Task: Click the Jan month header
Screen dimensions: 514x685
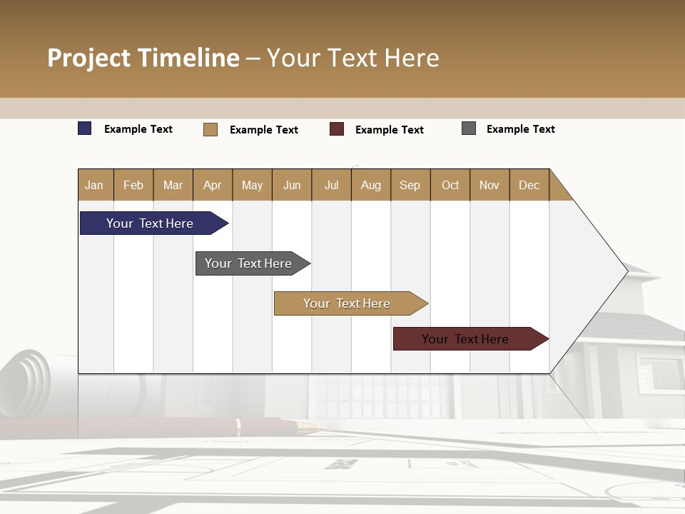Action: click(94, 185)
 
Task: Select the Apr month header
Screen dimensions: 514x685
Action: click(212, 185)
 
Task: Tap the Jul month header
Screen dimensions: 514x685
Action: click(331, 185)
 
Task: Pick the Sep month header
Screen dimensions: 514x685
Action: click(410, 185)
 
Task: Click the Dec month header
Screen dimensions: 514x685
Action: click(529, 185)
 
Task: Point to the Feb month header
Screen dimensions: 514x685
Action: click(133, 185)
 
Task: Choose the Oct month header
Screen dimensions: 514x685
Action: click(450, 185)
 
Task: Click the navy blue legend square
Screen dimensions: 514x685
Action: click(85, 128)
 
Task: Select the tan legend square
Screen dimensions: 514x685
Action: click(210, 129)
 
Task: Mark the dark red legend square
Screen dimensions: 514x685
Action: click(337, 129)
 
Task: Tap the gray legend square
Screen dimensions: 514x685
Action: click(469, 128)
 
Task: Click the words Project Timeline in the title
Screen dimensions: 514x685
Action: click(143, 58)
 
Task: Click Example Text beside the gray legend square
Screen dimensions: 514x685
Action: click(520, 129)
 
